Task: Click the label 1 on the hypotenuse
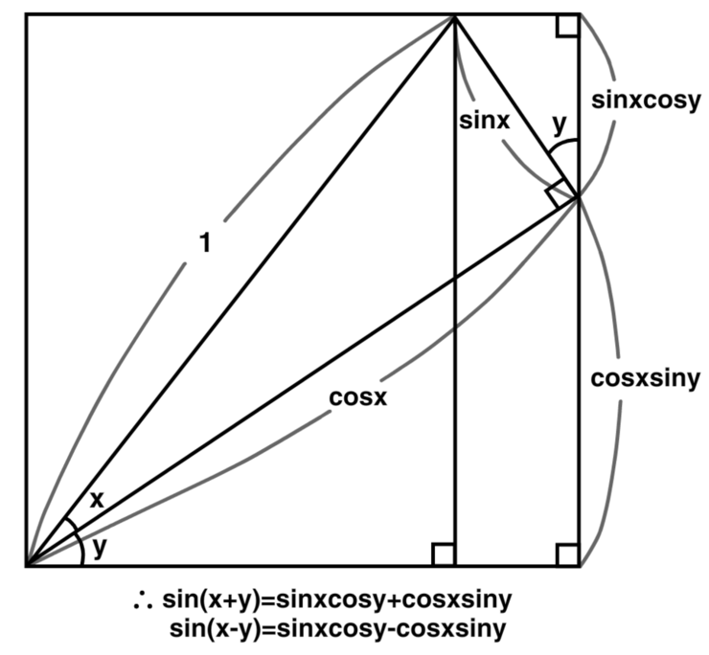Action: pyautogui.click(x=203, y=244)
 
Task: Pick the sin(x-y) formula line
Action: pyautogui.click(x=337, y=629)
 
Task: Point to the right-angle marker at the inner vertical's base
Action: pyautogui.click(x=444, y=554)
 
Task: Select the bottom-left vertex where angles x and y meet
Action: pyautogui.click(x=28, y=565)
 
